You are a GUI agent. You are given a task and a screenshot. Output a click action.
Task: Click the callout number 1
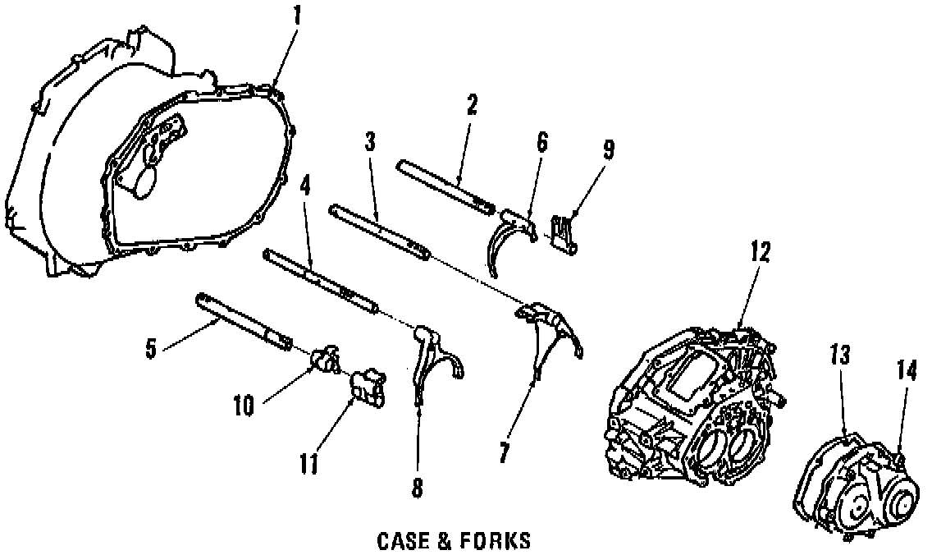297,16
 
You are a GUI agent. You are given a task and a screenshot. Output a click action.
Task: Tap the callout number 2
472,106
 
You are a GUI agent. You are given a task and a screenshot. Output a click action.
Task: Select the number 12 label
760,252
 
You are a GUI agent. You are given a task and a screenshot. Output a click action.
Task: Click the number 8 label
418,488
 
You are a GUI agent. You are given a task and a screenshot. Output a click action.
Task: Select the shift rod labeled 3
377,227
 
